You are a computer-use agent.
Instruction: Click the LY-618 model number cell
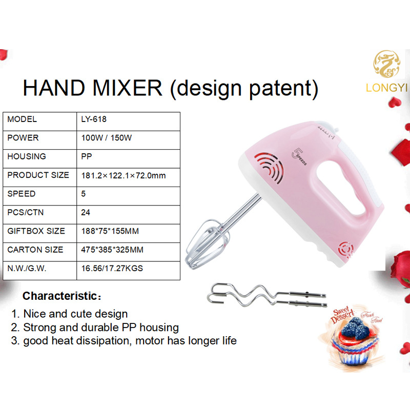[x=94, y=119]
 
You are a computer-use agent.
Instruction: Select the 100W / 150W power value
[x=107, y=138]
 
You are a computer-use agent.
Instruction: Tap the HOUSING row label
[x=27, y=156]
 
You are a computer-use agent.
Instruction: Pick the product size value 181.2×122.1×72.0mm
[x=124, y=175]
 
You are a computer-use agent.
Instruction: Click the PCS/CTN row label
[x=25, y=212]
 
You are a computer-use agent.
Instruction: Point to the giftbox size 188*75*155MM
[x=110, y=231]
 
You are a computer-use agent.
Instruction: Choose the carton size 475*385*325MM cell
[x=112, y=250]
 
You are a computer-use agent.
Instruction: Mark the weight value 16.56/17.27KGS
[x=112, y=268]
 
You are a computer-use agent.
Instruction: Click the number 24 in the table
[x=86, y=212]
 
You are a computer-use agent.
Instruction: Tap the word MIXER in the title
[x=127, y=88]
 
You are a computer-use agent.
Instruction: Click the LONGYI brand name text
[x=386, y=88]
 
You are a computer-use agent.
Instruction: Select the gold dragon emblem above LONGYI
[x=386, y=64]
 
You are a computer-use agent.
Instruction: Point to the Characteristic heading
[x=61, y=296]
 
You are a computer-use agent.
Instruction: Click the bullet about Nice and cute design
[x=70, y=314]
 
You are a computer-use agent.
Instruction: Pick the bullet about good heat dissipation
[x=124, y=341]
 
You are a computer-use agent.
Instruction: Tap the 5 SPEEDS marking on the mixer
[x=299, y=157]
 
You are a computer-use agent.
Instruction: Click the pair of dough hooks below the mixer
[x=266, y=295]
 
